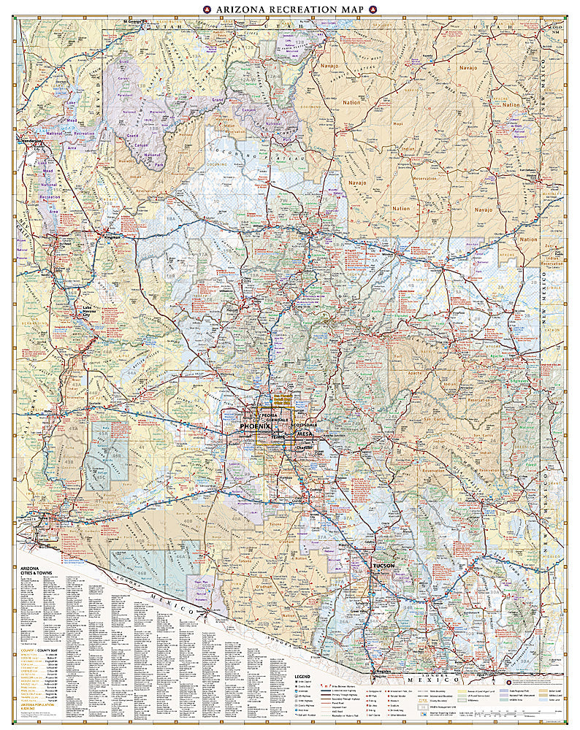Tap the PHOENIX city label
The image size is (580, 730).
coord(255,426)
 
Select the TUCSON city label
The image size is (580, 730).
coord(384,566)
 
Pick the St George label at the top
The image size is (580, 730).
coord(134,20)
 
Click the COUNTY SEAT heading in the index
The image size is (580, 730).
coord(47,648)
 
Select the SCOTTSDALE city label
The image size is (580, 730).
coord(305,424)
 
